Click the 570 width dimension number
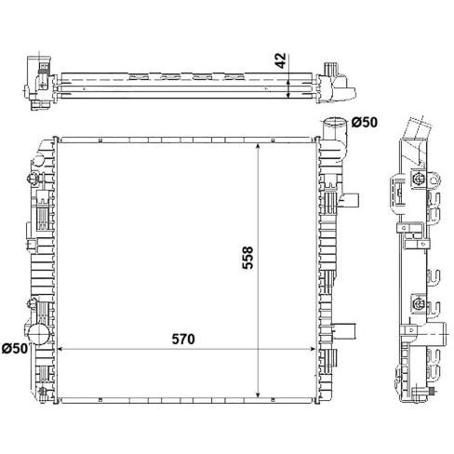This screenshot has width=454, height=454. click(183, 339)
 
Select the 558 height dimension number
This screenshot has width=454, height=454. click(247, 258)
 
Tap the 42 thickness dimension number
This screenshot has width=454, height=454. click(280, 60)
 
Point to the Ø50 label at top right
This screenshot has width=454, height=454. click(365, 123)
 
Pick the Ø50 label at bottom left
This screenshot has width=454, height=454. click(15, 348)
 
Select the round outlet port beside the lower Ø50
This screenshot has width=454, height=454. click(38, 334)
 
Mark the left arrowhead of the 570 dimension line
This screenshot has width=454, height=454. click(60, 349)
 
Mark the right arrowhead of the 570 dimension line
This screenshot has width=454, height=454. click(313, 349)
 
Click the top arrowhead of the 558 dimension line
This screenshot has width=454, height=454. click(258, 146)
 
